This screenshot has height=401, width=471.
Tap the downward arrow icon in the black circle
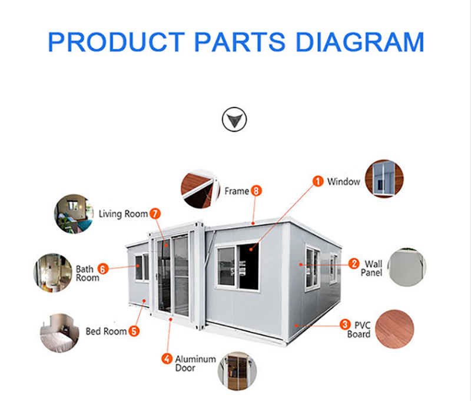click(x=234, y=119)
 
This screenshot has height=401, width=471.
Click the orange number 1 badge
click(x=318, y=182)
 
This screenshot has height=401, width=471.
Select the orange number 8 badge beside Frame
click(x=256, y=191)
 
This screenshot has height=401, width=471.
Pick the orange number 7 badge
click(x=155, y=214)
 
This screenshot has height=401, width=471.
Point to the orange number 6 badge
click(x=102, y=269)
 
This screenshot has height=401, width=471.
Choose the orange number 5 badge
click(x=135, y=331)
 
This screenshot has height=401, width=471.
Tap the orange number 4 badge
click(x=167, y=358)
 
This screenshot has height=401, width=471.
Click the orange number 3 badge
click(x=345, y=324)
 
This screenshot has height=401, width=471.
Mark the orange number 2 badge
click(x=354, y=263)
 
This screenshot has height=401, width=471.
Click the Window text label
click(x=343, y=182)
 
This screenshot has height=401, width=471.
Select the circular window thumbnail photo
click(x=384, y=178)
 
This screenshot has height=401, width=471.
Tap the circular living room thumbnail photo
click(x=74, y=215)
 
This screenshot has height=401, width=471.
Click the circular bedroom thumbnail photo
click(x=59, y=333)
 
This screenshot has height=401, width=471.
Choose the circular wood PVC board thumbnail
click(x=394, y=329)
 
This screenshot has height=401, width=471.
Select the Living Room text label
click(x=123, y=214)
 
